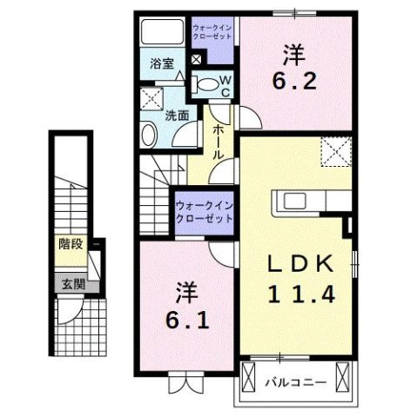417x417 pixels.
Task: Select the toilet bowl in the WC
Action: click(205, 85)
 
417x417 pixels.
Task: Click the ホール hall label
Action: click(219, 140)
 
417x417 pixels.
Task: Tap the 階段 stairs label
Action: click(71, 244)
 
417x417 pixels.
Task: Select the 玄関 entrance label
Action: click(71, 284)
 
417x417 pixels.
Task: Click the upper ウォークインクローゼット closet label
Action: click(212, 33)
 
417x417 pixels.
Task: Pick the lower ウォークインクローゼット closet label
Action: click(204, 213)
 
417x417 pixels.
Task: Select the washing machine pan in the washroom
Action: click(154, 97)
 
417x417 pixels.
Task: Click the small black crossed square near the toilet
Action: click(197, 60)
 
